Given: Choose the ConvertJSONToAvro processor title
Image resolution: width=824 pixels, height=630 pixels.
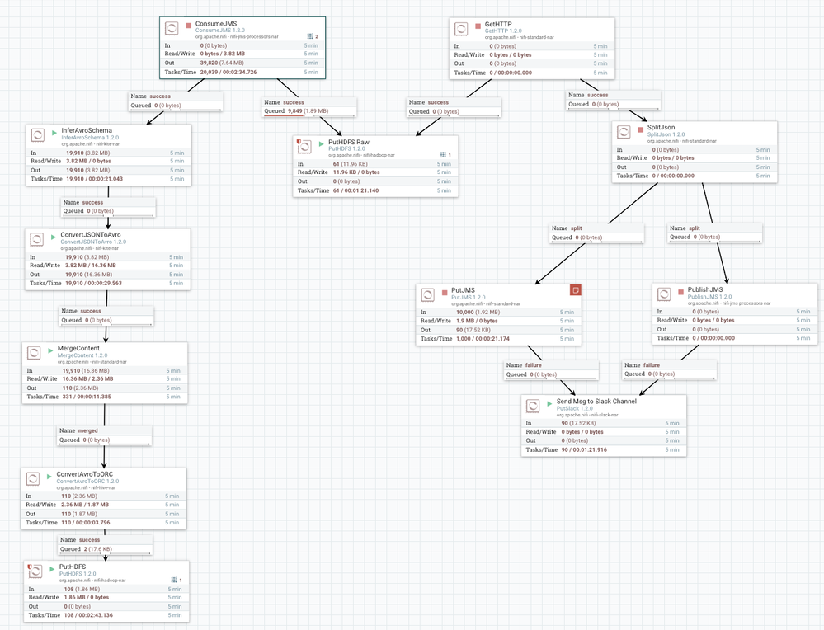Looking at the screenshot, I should click(x=101, y=234).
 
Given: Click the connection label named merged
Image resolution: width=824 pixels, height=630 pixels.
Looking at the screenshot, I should click(x=88, y=430).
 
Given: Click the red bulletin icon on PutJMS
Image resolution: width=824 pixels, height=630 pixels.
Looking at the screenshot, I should click(x=576, y=289).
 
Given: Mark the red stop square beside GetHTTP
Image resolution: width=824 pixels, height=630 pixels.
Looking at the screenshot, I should click(x=478, y=26).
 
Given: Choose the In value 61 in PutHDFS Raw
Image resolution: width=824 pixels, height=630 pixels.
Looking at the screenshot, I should click(x=351, y=164).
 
